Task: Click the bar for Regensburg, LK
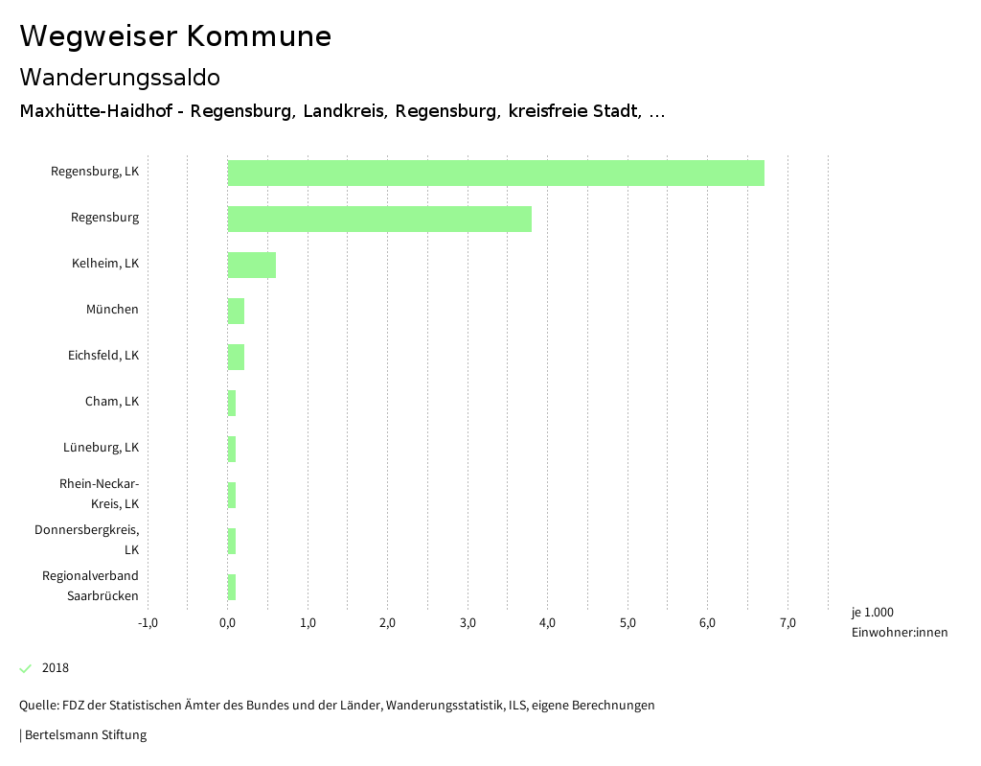tap(495, 173)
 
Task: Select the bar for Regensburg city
tap(379, 219)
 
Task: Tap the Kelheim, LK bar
tap(251, 265)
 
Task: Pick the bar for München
tap(236, 311)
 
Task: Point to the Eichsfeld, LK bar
tap(236, 357)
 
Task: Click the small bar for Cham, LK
tap(232, 403)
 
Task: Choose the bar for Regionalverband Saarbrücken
tap(232, 587)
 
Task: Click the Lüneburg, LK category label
tap(102, 448)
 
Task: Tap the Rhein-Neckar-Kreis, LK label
tap(100, 494)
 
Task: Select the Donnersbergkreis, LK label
tap(87, 540)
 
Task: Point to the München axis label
tap(112, 310)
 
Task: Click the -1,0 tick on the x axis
tap(148, 623)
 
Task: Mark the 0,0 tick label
tap(228, 623)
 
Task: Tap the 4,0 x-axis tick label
tap(547, 623)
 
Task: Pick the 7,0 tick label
tap(787, 623)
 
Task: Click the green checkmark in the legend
tap(26, 668)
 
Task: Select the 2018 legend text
tap(56, 668)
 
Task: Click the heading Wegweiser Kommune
tap(175, 36)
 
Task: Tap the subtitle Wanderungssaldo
tap(120, 77)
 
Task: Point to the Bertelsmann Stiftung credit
tap(84, 735)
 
